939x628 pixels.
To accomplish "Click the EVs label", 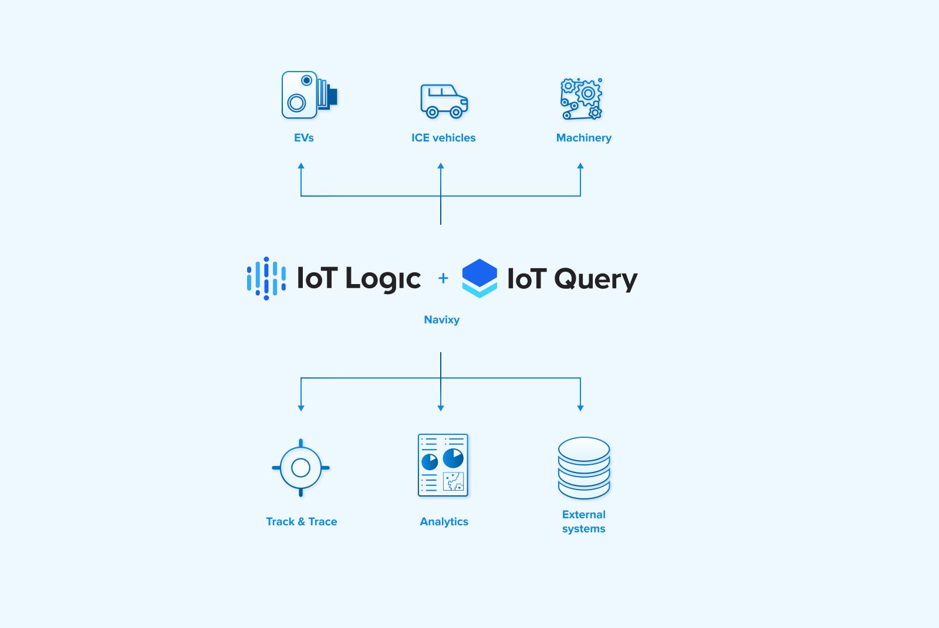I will (303, 138).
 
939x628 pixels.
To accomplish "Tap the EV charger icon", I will (308, 95).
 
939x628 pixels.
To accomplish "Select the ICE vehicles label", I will (443, 138).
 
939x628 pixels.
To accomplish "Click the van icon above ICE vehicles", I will (444, 101).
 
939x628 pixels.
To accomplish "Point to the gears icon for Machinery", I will (581, 99).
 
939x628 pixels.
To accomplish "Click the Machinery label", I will (583, 138).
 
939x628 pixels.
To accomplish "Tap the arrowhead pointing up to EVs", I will (301, 167).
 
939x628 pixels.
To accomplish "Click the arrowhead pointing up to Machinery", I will (580, 167).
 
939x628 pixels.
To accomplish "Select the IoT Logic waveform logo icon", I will (266, 278).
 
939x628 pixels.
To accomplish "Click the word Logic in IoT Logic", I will (383, 279).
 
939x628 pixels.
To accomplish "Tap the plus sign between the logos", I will (443, 278).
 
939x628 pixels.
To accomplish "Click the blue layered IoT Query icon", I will (479, 278).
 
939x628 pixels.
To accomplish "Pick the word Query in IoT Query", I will (595, 279).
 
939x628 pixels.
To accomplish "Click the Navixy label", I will (441, 320).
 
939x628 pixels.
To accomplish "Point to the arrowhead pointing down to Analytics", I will (441, 407).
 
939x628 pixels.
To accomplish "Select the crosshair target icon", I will (300, 468).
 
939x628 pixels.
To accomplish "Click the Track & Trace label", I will (301, 522).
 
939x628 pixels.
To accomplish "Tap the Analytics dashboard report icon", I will (443, 465).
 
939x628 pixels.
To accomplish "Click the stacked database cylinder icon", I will (583, 468).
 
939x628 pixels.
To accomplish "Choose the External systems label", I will (583, 522).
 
